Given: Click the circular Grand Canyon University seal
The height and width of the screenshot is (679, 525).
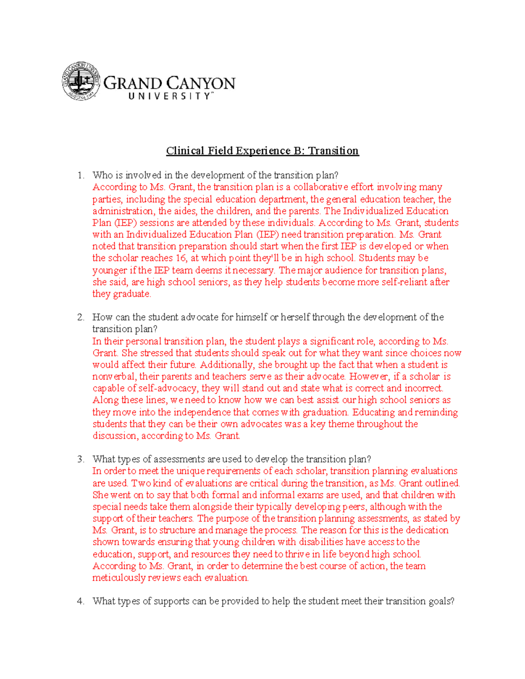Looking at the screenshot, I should click(81, 81).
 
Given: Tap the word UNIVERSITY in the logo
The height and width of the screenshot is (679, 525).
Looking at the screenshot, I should click(170, 96).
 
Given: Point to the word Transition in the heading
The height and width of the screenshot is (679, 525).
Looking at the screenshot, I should click(333, 151).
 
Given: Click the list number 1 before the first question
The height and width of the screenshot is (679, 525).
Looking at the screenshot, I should click(80, 175).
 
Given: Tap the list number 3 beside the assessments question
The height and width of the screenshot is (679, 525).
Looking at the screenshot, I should click(80, 459).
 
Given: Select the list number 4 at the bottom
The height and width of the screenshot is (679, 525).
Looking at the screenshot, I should click(80, 601).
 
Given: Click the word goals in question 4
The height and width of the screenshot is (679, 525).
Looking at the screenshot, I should click(441, 601).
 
